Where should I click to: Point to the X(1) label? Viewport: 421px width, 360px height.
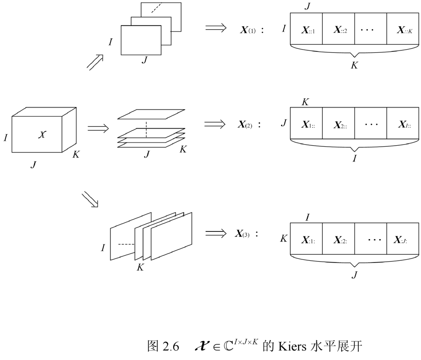tap(248, 30)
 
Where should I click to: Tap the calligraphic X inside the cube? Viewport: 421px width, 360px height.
tap(41, 134)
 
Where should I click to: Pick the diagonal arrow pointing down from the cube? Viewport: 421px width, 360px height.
tap(90, 199)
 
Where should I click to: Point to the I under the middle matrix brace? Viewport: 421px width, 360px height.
tap(354, 159)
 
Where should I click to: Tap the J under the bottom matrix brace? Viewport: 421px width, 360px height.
tap(354, 273)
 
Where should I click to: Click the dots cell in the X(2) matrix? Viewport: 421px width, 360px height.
tap(371, 124)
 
